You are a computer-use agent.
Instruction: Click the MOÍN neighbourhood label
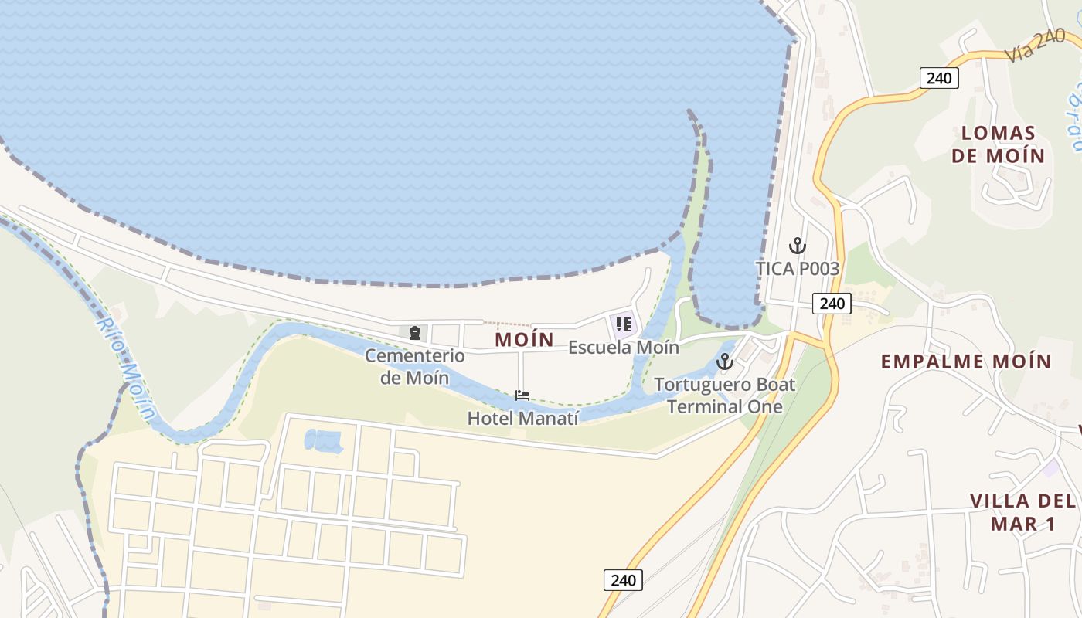[524, 339]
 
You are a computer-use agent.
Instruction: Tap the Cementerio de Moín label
[414, 366]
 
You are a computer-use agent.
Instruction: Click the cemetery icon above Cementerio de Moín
[415, 333]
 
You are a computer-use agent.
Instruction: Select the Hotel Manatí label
[522, 419]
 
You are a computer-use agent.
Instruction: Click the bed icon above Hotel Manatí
[522, 396]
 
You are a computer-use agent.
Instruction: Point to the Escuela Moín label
[623, 348]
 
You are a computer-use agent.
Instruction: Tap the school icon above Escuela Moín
[624, 324]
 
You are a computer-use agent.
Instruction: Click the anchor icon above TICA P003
[797, 246]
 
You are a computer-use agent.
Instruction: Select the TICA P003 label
[797, 269]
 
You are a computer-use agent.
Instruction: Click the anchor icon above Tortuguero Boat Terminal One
[725, 361]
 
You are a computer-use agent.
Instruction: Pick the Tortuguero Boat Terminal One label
[725, 396]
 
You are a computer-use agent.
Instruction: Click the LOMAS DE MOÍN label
[998, 144]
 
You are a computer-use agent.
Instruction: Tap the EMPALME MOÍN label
[966, 362]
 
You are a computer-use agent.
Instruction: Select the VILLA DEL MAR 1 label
[1023, 512]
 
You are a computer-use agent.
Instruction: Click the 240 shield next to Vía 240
[939, 78]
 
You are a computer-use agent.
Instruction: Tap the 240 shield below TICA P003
[832, 304]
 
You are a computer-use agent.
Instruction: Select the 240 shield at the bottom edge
[622, 580]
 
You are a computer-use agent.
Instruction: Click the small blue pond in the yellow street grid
[324, 441]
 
